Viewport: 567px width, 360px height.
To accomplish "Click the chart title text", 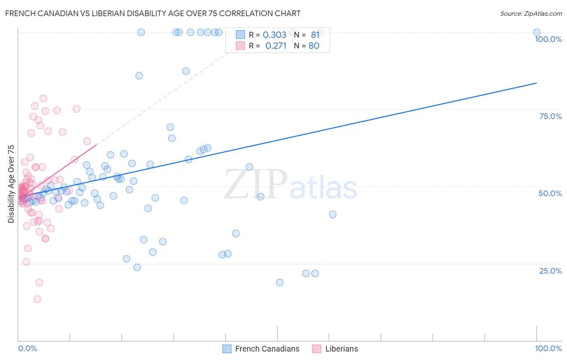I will (153, 13).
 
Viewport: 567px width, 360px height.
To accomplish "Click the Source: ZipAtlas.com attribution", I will (531, 13).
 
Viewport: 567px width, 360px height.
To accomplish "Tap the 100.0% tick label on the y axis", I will (548, 39).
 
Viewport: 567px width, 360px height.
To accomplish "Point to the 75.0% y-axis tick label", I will (550, 116).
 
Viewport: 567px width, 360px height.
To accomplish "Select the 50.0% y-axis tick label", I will (550, 193).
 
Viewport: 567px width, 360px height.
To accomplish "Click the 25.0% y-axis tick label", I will (550, 271).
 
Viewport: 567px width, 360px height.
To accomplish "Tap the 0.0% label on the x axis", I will (27, 348).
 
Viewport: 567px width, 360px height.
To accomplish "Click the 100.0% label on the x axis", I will (548, 348).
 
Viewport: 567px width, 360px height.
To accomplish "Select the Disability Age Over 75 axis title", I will (11, 184).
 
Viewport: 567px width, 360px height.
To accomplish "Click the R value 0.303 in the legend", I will (274, 35).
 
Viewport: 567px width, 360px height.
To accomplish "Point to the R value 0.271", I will (276, 46).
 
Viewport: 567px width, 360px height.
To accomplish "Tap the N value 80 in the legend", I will (314, 46).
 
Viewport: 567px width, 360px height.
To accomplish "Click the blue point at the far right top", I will (536, 32).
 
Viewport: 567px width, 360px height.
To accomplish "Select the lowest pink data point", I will (37, 299).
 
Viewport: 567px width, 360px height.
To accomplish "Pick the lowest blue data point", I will (279, 283).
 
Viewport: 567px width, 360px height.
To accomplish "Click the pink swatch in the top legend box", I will (240, 46).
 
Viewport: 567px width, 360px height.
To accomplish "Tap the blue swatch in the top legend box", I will (240, 35).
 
